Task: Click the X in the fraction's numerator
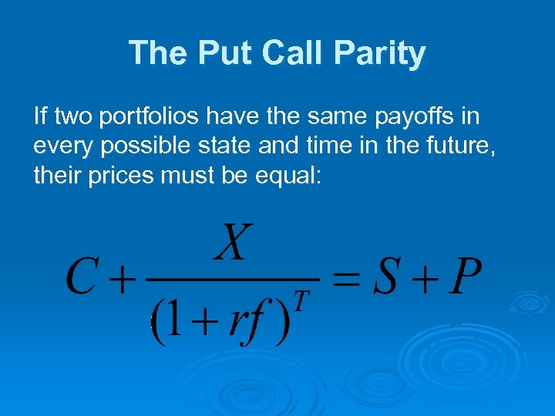point(233,242)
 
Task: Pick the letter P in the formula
point(465,277)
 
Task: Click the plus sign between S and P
point(423,277)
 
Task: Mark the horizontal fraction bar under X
point(231,277)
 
